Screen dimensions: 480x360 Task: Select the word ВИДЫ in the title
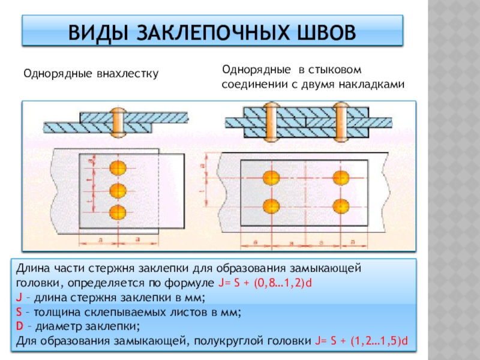(x=95, y=32)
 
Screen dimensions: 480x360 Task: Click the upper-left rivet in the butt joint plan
(x=271, y=178)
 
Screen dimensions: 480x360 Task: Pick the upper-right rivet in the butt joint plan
(x=342, y=178)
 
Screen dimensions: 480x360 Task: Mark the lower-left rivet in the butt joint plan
(x=271, y=205)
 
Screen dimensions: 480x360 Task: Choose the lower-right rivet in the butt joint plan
(x=342, y=205)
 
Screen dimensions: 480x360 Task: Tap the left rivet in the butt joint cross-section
(x=271, y=120)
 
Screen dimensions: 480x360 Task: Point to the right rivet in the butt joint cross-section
(x=341, y=120)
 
